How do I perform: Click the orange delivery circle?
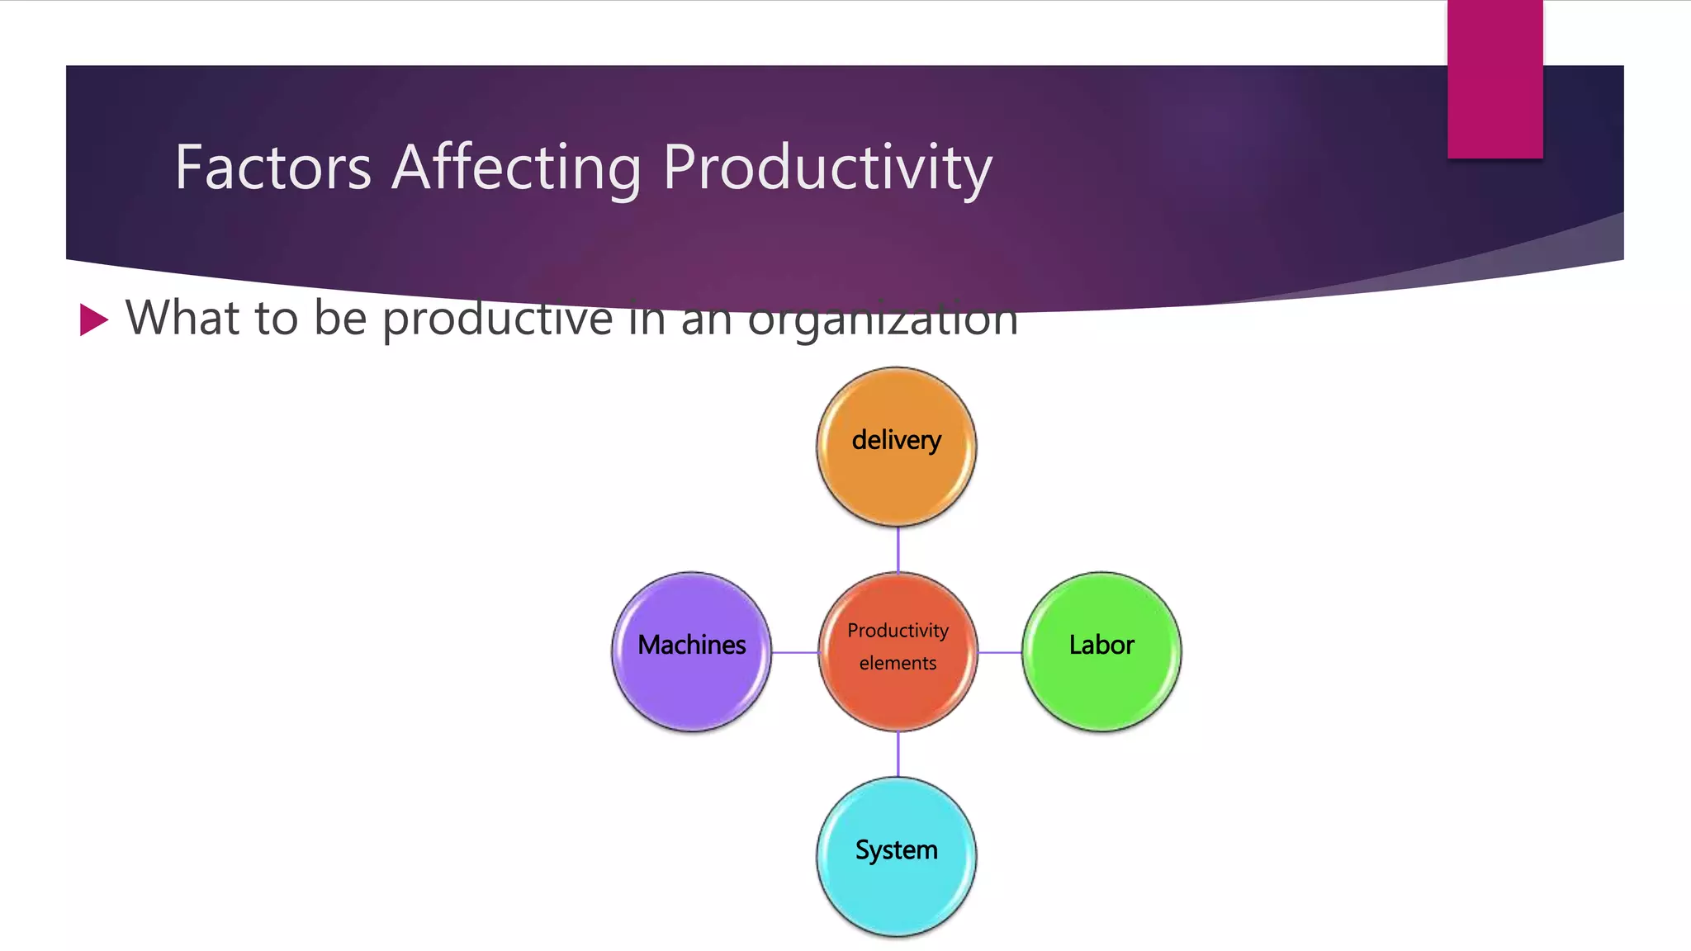tap(896, 475)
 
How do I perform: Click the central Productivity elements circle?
tap(898, 693)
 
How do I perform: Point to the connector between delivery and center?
tap(898, 549)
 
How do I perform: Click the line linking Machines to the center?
tap(794, 652)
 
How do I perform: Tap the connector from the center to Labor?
tap(1000, 652)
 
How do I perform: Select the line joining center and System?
tap(898, 754)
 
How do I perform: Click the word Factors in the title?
tap(272, 168)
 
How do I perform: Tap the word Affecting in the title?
tap(516, 168)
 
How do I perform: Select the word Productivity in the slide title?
tap(827, 168)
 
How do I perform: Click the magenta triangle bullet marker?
tap(93, 319)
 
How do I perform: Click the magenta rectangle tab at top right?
tap(1494, 78)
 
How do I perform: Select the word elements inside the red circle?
tap(898, 663)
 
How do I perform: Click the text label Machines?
tap(691, 645)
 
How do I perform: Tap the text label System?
tap(896, 850)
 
